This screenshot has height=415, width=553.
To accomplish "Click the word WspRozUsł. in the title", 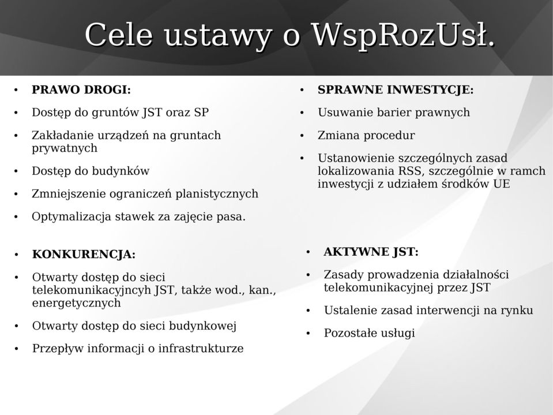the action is [404, 35].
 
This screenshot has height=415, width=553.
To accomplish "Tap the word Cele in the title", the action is [119, 34].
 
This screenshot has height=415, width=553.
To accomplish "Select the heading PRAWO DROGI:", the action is [81, 89].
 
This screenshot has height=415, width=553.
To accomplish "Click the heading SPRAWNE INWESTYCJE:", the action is [396, 89].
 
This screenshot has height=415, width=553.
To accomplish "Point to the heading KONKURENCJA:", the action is [84, 254].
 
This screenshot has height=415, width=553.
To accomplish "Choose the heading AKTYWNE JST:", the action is [371, 252].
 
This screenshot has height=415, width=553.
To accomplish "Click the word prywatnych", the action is [65, 148].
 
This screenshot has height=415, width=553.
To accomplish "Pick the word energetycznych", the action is [77, 303].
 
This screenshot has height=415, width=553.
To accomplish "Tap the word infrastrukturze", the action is [201, 348].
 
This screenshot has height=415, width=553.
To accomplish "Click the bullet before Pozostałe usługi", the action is [308, 334].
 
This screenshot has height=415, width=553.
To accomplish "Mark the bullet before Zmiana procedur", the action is [302, 136].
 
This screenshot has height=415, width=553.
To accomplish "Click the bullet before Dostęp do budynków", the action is [16, 171].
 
